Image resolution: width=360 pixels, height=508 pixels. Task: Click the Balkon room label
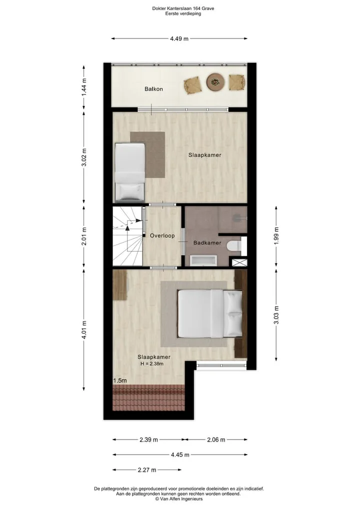coord(153,89)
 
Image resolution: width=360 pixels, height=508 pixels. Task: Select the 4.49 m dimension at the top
coord(179,38)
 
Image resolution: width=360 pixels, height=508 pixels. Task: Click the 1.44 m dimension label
coord(84,87)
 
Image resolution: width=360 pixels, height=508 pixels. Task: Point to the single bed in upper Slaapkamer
coord(129,172)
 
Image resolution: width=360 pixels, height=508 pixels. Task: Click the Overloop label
coord(162,236)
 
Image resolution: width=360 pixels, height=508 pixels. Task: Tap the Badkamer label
coord(207,243)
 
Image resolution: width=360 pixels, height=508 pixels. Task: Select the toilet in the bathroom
coord(234,246)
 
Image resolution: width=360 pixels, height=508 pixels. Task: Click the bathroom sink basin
coord(203,260)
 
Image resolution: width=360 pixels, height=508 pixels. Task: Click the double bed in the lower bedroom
coord(210,313)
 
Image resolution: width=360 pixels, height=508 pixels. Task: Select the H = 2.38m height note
coord(152,364)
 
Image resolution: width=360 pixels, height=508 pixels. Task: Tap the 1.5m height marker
coord(120,380)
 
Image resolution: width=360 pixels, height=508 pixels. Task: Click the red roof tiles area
coord(148,398)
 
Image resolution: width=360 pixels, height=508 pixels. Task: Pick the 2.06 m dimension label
coord(216,440)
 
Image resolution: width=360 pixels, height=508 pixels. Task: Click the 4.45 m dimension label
coord(180,455)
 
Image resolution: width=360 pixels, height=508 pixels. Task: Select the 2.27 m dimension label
coord(147,470)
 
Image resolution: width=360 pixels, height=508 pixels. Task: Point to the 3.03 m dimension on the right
coord(276,315)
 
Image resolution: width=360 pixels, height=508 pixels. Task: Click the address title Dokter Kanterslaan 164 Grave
coord(183,8)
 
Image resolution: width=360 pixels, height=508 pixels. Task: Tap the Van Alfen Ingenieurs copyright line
coord(178,499)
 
